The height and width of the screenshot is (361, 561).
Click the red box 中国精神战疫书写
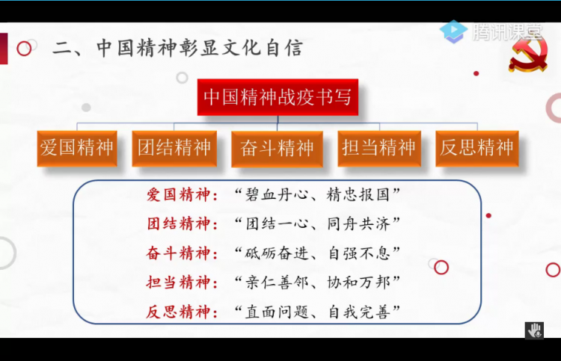pyautogui.click(x=278, y=97)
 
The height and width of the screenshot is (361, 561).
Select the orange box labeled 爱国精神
pyautogui.click(x=77, y=148)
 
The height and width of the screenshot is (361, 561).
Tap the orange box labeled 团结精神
pyautogui.click(x=174, y=148)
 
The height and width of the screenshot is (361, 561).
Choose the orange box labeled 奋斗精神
pyautogui.click(x=277, y=149)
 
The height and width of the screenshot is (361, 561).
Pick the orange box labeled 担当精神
pyautogui.click(x=379, y=148)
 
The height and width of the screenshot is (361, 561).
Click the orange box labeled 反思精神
pyautogui.click(x=477, y=148)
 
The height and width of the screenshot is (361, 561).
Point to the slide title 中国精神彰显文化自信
pyautogui.click(x=178, y=48)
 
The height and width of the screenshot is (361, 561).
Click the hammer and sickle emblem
pyautogui.click(x=528, y=54)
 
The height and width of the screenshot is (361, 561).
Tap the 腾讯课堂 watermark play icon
pyautogui.click(x=453, y=31)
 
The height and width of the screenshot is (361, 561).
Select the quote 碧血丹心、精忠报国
pyautogui.click(x=317, y=195)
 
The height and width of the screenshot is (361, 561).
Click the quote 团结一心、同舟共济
pyautogui.click(x=317, y=224)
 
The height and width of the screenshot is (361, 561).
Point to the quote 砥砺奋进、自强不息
pyautogui.click(x=317, y=253)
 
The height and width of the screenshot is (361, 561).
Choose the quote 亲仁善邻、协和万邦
pyautogui.click(x=317, y=283)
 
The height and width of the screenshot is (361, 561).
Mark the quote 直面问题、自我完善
pyautogui.click(x=317, y=312)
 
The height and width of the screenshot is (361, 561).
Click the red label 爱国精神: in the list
pyautogui.click(x=182, y=195)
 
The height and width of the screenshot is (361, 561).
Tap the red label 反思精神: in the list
pyautogui.click(x=182, y=312)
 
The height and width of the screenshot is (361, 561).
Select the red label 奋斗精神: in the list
pyautogui.click(x=182, y=253)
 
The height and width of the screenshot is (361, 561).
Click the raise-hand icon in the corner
pyautogui.click(x=535, y=330)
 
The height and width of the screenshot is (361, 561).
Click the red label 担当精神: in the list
pyautogui.click(x=182, y=283)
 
